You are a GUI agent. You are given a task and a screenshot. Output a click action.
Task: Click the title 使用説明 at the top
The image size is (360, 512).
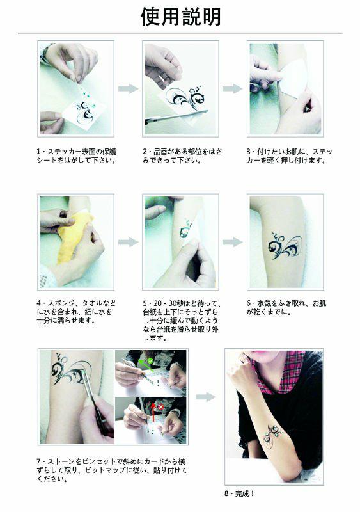click(181, 17)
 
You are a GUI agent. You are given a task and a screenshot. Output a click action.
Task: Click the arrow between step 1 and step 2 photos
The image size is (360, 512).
click(128, 88)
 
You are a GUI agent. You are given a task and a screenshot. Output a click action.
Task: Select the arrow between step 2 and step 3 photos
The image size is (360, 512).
click(232, 88)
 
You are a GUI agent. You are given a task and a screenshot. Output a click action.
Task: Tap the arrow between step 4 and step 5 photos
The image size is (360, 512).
click(128, 242)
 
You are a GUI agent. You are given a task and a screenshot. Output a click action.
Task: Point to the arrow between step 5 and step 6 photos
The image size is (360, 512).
click(232, 242)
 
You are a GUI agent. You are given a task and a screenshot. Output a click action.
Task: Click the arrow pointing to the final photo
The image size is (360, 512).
click(206, 397)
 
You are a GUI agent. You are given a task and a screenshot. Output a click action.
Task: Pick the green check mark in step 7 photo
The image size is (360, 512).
click(150, 360)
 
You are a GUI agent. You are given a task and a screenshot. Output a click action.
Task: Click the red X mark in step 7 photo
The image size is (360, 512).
click(161, 407)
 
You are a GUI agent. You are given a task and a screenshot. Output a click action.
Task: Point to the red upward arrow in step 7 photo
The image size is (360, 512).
click(152, 412)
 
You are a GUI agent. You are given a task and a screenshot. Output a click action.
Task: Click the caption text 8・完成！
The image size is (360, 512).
click(240, 493)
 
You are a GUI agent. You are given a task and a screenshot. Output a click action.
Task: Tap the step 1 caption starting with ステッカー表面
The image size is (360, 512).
click(76, 156)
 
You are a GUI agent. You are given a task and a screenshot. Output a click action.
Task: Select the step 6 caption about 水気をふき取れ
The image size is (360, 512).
click(286, 308)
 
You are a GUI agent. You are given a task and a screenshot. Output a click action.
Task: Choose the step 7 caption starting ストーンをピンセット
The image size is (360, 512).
click(112, 470)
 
